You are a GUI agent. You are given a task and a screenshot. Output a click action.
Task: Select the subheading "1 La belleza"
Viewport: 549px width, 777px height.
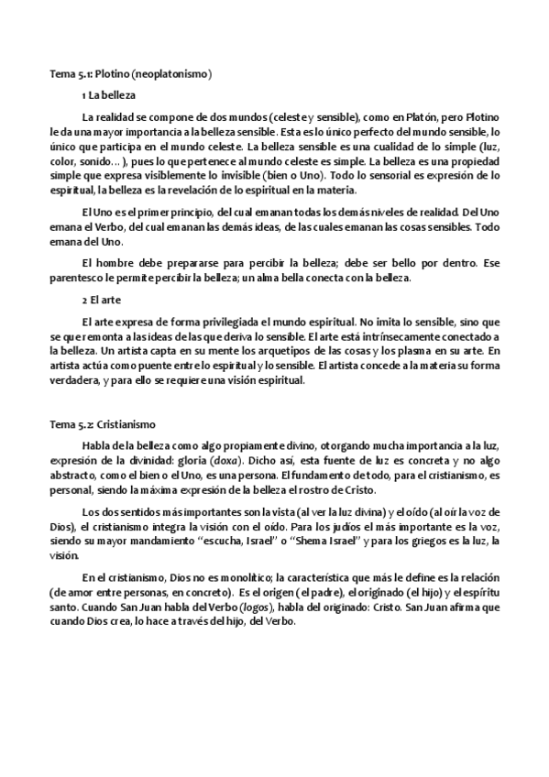coord(109,94)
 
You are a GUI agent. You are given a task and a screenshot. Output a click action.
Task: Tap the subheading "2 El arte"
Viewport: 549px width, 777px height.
coord(103,300)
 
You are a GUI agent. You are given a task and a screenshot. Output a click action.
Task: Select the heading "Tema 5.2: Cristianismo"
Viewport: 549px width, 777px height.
coord(103,424)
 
